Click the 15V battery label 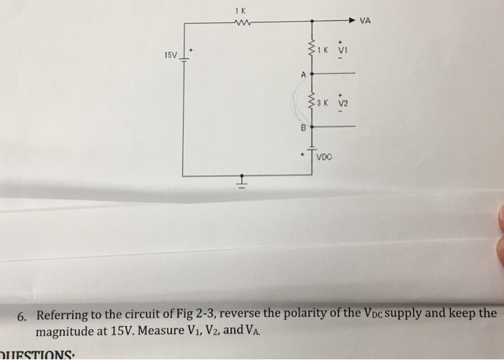(170, 55)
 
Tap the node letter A (304, 74)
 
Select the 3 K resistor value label (325, 103)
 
